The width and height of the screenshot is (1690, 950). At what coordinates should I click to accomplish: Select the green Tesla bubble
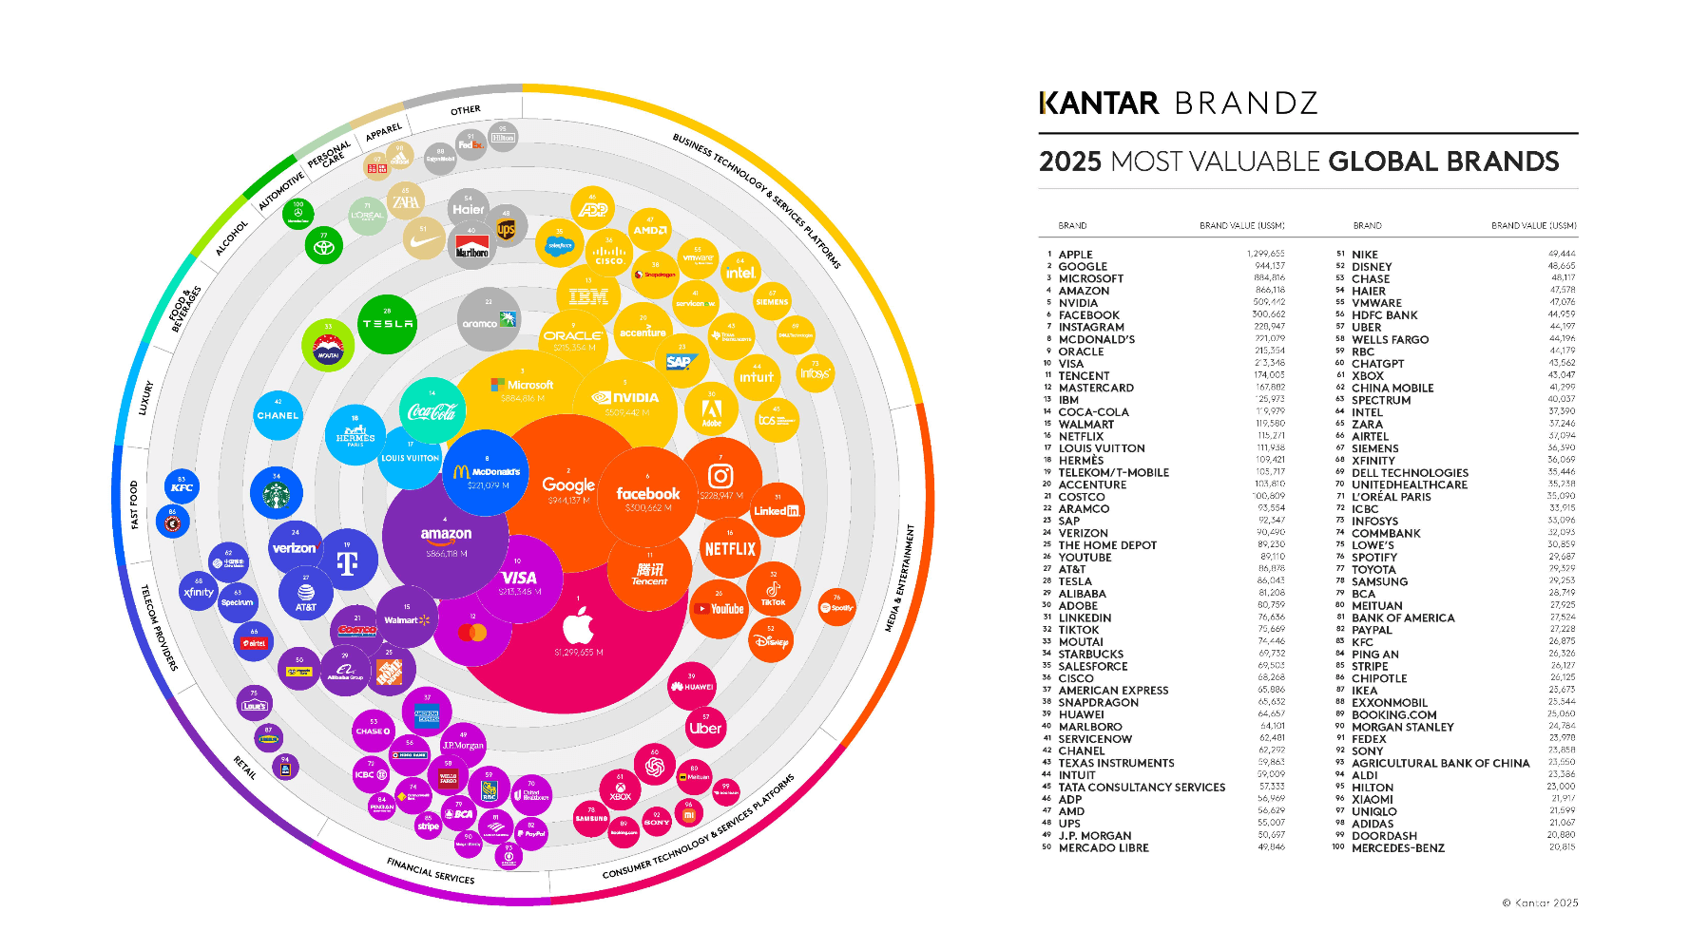click(x=387, y=324)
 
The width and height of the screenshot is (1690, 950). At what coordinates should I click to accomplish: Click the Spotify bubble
click(x=836, y=606)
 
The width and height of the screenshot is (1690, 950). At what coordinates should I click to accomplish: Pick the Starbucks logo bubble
click(x=277, y=493)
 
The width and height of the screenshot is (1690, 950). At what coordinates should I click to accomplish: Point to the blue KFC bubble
click(x=182, y=486)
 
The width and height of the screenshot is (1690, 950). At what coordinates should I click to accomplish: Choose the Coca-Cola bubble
click(x=432, y=410)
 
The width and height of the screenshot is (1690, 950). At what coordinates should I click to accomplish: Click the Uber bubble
click(x=705, y=728)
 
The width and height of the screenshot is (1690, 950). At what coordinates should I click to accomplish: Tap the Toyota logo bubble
click(x=324, y=246)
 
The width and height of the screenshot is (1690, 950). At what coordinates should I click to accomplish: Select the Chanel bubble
click(x=278, y=415)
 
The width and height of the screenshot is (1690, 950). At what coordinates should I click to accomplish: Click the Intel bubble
click(x=740, y=272)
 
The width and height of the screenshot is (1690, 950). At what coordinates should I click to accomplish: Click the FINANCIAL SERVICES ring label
click(x=431, y=870)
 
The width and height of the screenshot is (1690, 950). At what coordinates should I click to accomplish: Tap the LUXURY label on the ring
click(x=145, y=398)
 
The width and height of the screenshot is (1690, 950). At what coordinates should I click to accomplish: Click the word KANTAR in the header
click(x=1100, y=103)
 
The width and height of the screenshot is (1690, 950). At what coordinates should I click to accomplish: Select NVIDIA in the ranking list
click(x=1078, y=303)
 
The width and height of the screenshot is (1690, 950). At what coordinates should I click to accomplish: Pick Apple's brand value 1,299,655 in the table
click(x=1265, y=254)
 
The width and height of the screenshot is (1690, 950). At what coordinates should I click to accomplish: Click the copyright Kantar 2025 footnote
click(x=1540, y=902)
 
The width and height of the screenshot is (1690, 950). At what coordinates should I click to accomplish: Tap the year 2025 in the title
click(x=1069, y=161)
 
